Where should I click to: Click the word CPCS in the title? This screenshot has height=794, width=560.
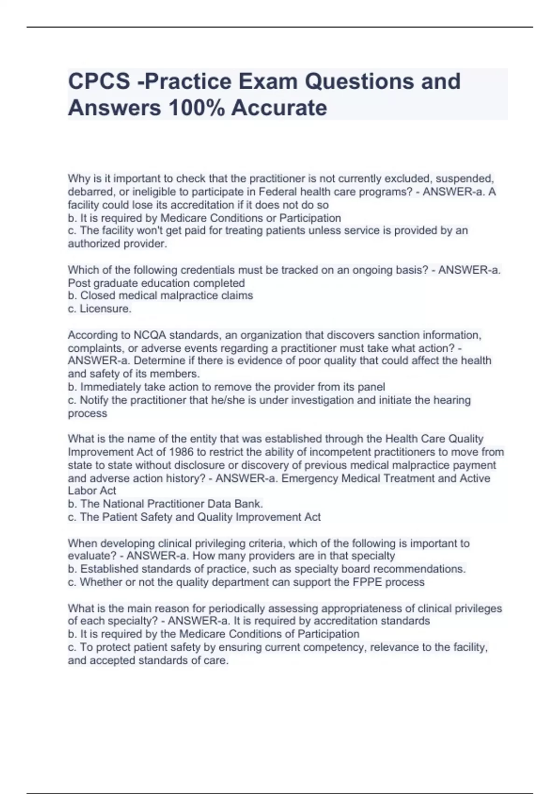99,81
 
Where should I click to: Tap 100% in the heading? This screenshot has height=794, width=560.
197,108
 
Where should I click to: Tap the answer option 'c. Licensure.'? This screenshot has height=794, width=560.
100,309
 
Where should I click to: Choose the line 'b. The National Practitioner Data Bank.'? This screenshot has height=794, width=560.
166,504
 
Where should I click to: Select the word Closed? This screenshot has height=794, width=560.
97,296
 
